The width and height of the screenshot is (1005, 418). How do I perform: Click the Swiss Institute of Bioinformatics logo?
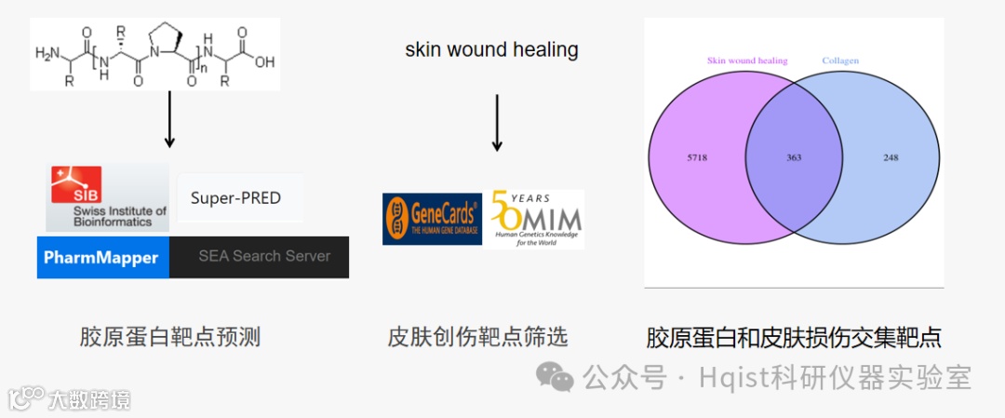(x=107, y=197)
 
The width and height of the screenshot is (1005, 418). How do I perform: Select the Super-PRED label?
(x=235, y=197)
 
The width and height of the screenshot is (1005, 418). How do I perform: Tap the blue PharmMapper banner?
(x=103, y=257)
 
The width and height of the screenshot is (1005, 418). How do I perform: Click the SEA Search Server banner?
(x=264, y=256)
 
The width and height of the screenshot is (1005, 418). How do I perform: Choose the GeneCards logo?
(x=432, y=219)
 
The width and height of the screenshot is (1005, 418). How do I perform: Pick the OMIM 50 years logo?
(x=534, y=219)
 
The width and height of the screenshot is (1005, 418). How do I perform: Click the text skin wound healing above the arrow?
(x=491, y=49)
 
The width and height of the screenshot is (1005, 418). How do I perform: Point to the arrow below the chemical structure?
(x=169, y=118)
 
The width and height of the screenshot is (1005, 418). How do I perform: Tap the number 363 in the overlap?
(x=794, y=157)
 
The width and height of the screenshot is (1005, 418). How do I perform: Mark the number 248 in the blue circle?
(x=891, y=157)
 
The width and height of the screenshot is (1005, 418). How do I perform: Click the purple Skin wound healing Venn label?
(x=747, y=61)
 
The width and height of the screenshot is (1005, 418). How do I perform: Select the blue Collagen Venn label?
(x=840, y=61)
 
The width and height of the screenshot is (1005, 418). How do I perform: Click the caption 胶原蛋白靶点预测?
(x=170, y=337)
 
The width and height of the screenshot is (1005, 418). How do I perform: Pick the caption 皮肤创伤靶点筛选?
(x=477, y=337)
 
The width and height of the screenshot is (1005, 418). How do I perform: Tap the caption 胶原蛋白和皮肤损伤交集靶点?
(x=794, y=337)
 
